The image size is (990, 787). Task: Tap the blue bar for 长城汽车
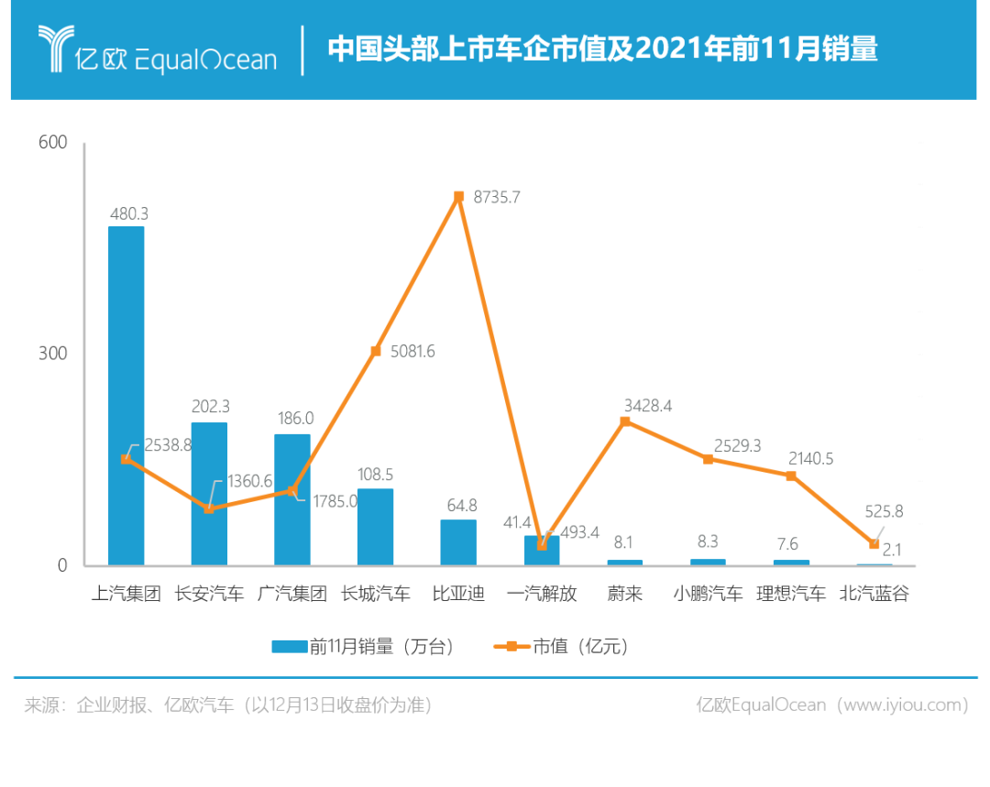pos(375,527)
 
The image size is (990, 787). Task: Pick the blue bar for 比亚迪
pos(458,541)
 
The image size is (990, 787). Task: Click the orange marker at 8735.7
pos(458,197)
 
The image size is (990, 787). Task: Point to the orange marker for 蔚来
pos(624,422)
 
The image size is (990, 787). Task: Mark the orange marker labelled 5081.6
pos(375,351)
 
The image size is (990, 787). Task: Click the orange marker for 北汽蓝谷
pos(874,544)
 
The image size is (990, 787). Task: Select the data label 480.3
pos(127,213)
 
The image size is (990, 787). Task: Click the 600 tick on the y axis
pos(53,143)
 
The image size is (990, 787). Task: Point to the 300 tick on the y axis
pos(53,354)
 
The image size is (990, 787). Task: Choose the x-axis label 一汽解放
pos(542,594)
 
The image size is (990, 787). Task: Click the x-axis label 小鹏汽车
pos(708,594)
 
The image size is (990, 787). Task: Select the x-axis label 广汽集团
pos(292,594)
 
